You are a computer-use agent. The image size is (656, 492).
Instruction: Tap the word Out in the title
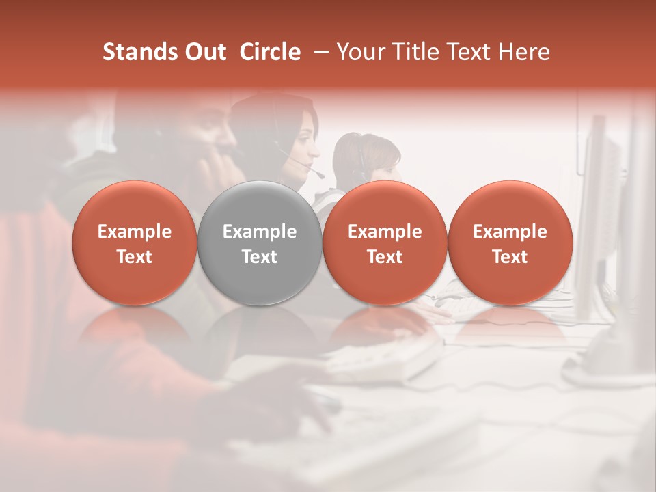(x=204, y=52)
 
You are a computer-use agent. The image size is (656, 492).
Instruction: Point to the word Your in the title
(x=359, y=52)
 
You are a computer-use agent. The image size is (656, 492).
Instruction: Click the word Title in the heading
(x=411, y=52)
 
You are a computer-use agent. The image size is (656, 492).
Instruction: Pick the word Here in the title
(x=524, y=52)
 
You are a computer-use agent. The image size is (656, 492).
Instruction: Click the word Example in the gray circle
(x=260, y=232)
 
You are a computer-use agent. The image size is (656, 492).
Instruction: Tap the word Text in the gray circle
(x=260, y=257)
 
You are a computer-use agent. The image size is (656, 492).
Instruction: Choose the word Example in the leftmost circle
(x=135, y=232)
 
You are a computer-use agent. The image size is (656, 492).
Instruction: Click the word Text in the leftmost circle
(x=135, y=257)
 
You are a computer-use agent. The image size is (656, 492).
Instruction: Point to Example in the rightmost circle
(x=510, y=232)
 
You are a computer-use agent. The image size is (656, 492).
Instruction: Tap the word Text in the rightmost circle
(x=510, y=257)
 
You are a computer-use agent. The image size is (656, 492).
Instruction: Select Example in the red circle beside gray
(x=385, y=232)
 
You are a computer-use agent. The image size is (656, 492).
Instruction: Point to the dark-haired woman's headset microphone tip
(x=320, y=175)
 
